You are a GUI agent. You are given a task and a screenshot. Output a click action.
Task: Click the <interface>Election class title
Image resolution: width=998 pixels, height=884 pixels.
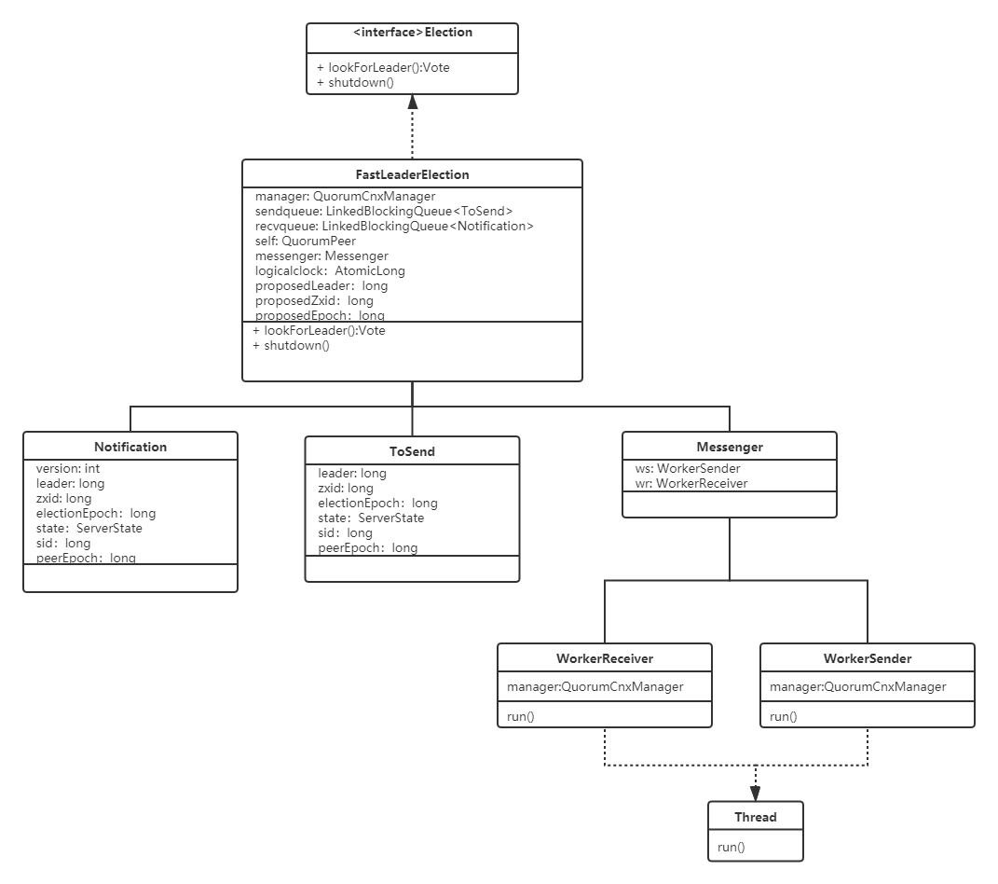pos(413,33)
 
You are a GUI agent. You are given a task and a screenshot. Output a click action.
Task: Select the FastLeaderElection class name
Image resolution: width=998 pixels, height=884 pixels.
pos(413,174)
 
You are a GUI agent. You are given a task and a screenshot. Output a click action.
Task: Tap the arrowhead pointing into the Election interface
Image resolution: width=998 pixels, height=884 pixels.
pos(413,102)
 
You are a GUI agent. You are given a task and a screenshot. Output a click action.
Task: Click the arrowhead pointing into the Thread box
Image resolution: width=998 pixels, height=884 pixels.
pos(756,793)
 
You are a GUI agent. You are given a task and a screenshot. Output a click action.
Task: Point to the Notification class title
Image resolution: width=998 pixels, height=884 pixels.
pos(130,447)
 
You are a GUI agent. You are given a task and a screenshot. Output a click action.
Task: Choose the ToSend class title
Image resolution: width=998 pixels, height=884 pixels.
pos(413,451)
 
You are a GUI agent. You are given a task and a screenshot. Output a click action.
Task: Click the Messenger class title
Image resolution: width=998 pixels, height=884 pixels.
pos(730,447)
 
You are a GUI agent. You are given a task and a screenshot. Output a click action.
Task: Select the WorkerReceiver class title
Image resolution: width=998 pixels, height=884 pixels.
pos(605,658)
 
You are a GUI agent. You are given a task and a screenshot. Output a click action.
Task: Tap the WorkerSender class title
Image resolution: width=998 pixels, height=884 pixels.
pos(868,658)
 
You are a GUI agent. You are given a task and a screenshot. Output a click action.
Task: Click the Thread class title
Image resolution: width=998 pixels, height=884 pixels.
pos(756,817)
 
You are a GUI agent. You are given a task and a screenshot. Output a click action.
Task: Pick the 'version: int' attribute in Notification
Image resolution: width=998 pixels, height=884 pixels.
pos(68,469)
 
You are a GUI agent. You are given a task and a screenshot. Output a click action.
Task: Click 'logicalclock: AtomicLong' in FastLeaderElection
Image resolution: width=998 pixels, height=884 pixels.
pos(330,270)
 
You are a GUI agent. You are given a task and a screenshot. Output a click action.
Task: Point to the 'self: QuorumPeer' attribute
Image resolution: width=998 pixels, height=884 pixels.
pos(306,241)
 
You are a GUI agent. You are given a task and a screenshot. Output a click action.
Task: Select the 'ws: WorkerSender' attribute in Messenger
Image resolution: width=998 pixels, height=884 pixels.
pos(688,469)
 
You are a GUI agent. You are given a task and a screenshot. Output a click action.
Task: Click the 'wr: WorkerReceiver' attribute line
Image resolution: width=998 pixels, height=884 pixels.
pos(691,483)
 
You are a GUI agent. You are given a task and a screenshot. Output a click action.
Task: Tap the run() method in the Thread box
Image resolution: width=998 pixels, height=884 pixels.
pos(731,847)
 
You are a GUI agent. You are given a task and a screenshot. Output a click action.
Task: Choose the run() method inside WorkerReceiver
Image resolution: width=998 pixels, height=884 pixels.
pos(521,716)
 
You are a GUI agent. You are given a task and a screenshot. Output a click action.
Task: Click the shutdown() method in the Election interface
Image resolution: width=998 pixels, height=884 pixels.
pos(356,83)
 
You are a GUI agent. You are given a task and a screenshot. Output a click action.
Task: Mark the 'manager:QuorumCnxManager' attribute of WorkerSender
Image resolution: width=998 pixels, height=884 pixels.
pos(858,686)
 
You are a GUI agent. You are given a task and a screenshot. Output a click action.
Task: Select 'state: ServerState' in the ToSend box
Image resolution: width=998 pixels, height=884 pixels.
pos(371,518)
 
